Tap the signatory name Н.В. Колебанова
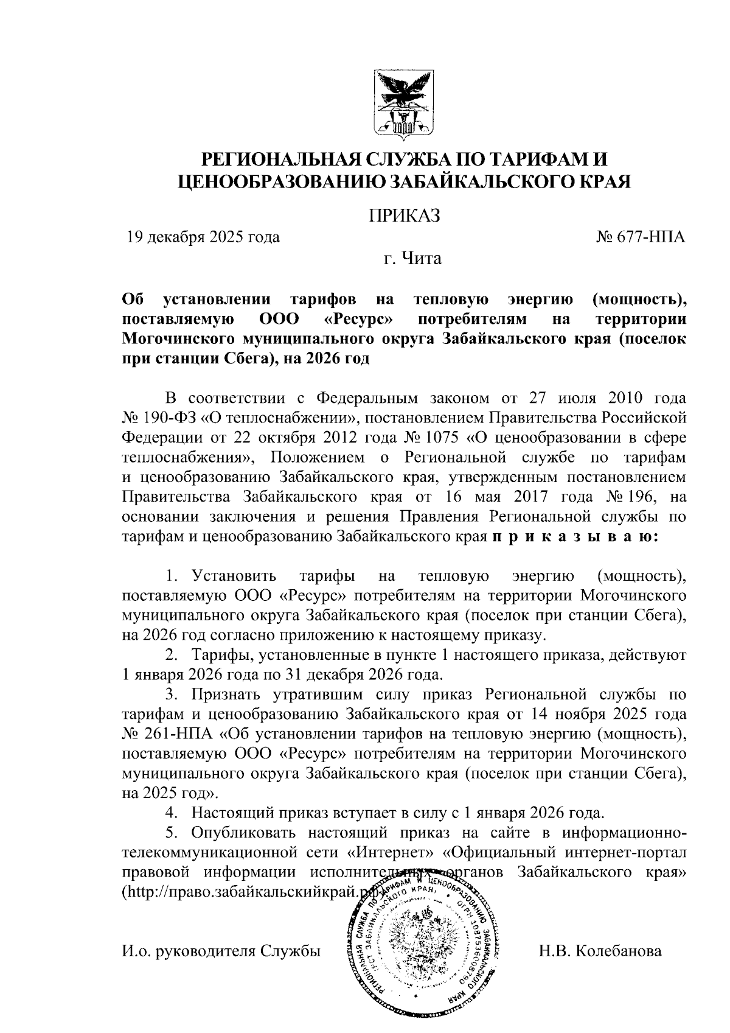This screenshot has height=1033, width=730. pos(600,950)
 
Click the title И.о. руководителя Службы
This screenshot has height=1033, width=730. pos(221,950)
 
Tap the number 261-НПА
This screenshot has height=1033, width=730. pos(162,734)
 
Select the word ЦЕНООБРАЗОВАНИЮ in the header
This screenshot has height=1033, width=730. pos(277,181)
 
